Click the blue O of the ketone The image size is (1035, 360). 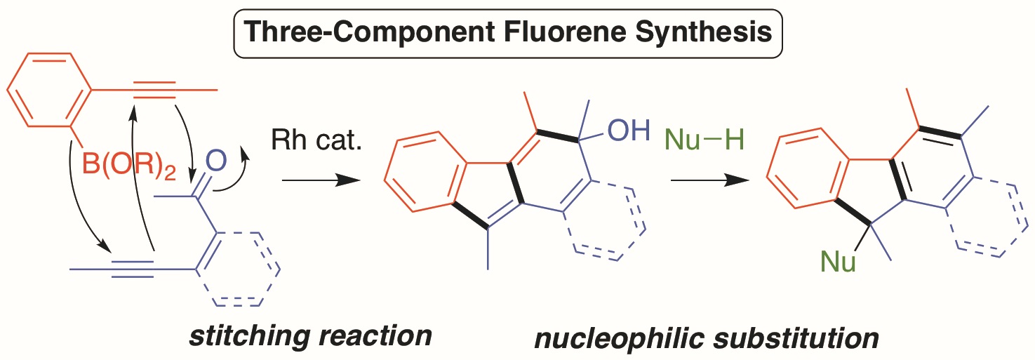pos(217,164)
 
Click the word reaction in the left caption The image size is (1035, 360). pos(372,336)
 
